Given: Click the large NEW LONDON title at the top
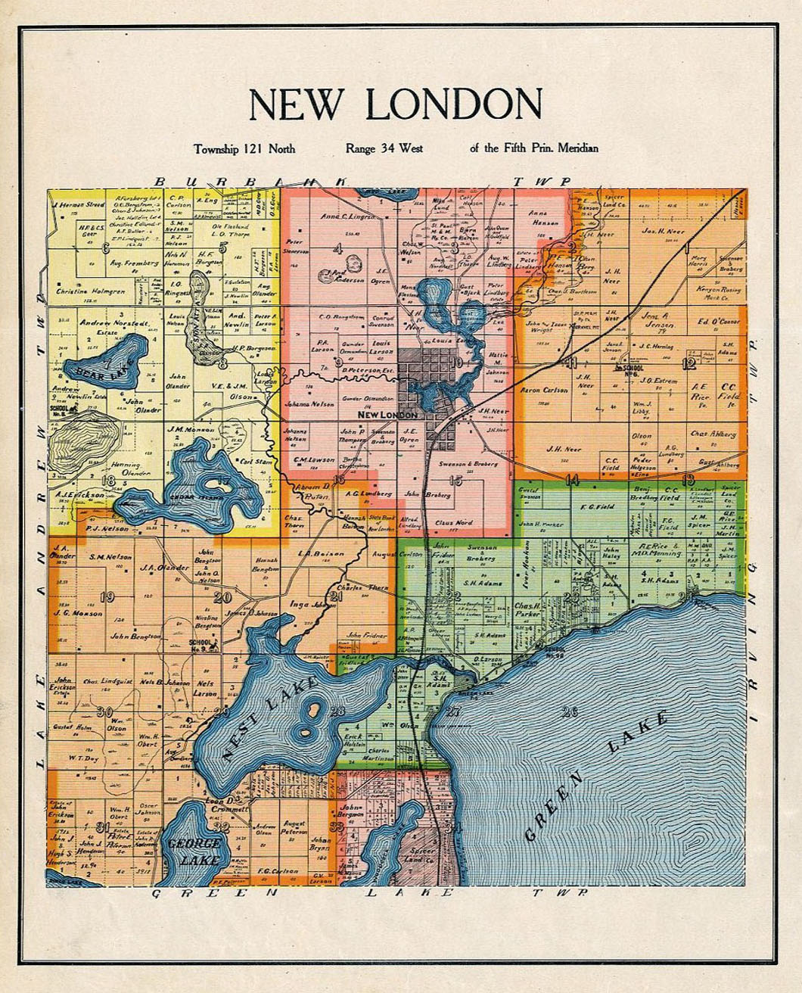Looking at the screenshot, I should (x=396, y=105).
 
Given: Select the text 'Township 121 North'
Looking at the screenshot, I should (x=244, y=148).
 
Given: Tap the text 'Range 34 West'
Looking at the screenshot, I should (x=384, y=148).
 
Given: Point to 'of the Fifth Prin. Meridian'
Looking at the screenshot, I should (x=533, y=148).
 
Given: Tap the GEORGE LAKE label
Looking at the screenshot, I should (x=194, y=851).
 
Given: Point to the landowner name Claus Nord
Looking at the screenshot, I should (x=454, y=522).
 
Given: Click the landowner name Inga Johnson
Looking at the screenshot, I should (x=312, y=605).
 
